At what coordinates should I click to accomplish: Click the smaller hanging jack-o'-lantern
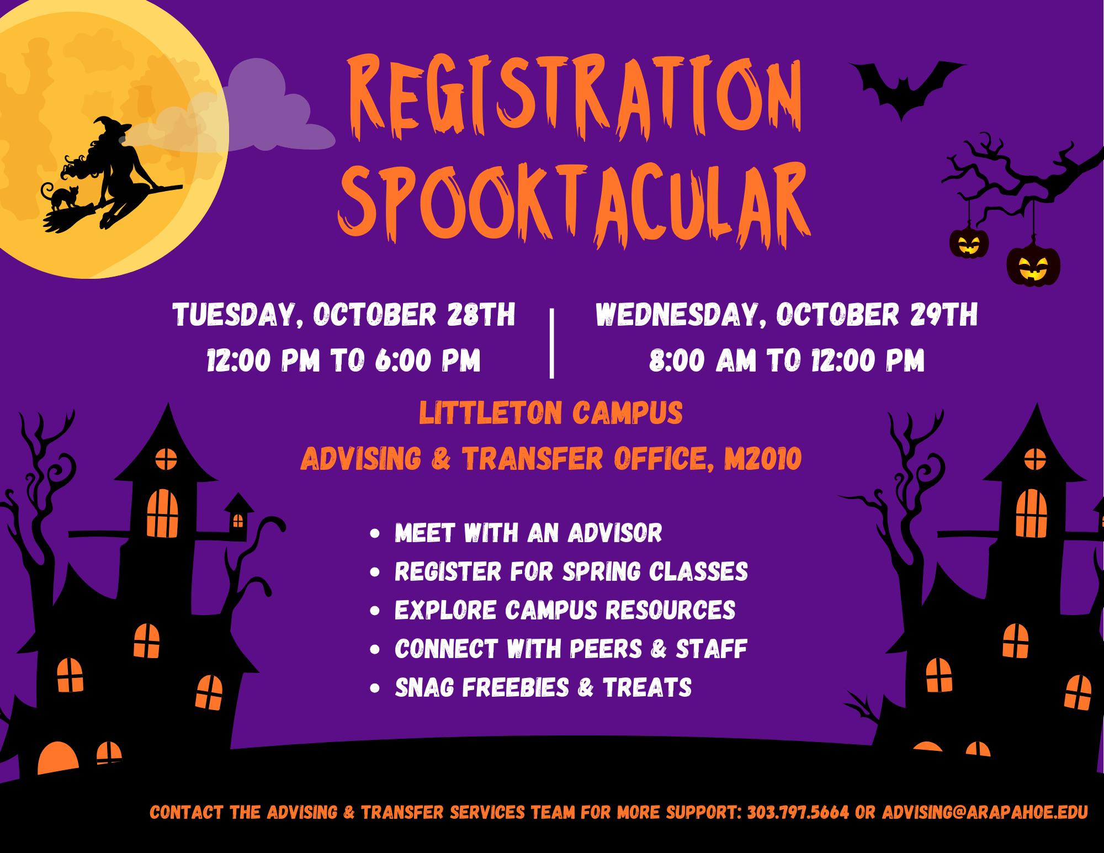pos(969,242)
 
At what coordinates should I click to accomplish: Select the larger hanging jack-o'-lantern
pos(1033,266)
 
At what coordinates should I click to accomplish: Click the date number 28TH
pos(481,315)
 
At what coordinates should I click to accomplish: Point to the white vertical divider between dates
pos(552,343)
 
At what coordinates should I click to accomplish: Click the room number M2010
pos(763,459)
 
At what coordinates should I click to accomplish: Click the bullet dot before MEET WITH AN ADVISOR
pos(375,533)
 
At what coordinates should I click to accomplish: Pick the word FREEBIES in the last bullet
pos(516,687)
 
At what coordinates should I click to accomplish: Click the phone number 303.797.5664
pos(798,813)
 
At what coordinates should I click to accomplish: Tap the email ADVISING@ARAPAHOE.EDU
pos(985,813)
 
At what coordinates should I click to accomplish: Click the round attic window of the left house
pos(166,459)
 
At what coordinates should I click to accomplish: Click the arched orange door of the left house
pos(58,757)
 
